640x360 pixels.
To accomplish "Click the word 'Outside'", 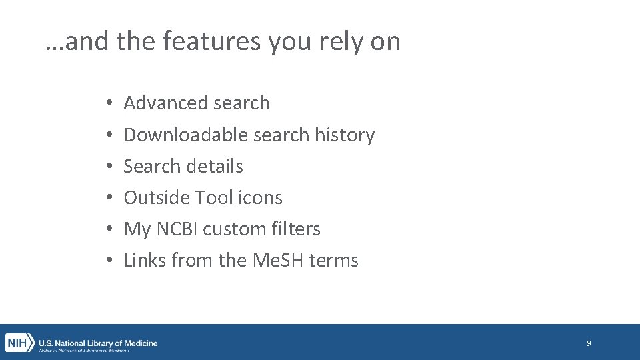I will (157, 198).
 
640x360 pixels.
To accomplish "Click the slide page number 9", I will (589, 343).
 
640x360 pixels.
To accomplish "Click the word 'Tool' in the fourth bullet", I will (213, 198).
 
